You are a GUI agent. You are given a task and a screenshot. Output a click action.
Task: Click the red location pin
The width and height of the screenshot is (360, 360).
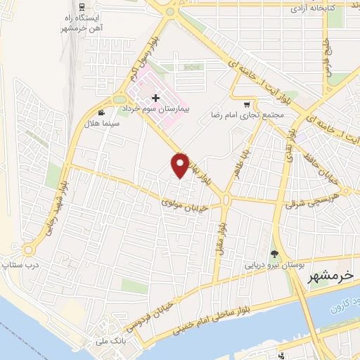tap(181, 165)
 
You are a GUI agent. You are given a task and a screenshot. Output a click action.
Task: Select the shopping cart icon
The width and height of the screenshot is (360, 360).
tap(247, 99)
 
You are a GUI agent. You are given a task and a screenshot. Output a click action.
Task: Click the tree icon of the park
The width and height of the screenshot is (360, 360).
tap(274, 255)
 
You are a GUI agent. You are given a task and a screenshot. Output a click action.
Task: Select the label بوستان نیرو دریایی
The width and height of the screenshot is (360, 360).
tap(274, 266)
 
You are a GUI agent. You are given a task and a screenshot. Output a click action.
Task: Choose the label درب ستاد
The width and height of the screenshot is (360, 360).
tap(15, 265)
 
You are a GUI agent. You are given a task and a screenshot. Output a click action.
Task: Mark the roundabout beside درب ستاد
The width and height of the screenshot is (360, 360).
tap(29, 250)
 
